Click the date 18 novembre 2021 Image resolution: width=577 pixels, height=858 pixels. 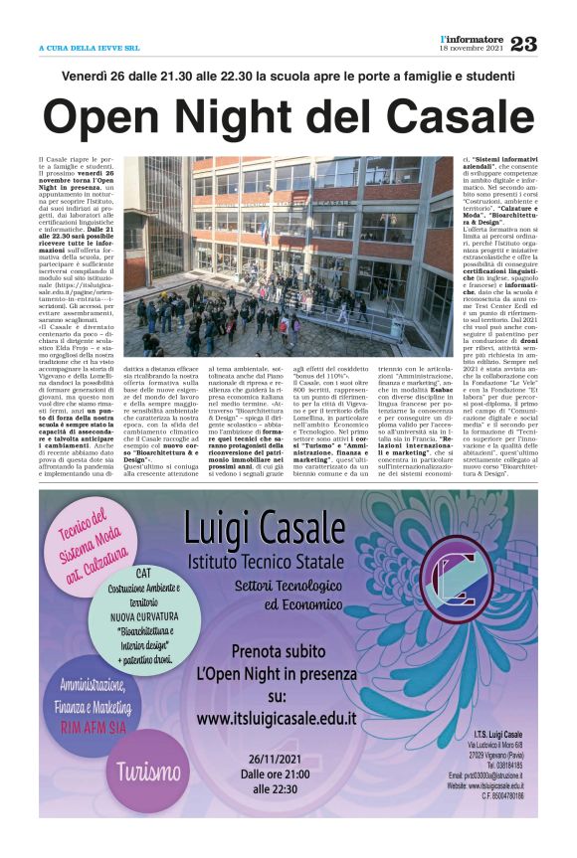[472, 49]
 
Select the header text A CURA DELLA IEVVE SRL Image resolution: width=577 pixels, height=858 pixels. [89, 47]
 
